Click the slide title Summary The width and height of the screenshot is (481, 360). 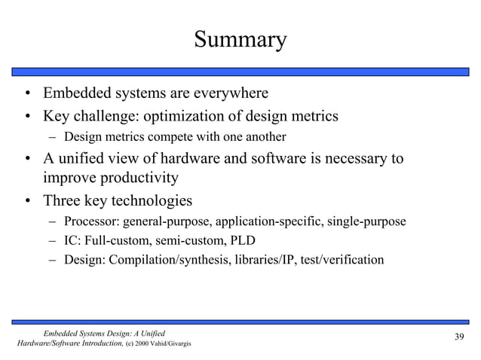[x=240, y=39]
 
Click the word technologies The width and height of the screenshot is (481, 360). [x=151, y=201]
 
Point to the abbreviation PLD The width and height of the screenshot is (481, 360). [x=242, y=241]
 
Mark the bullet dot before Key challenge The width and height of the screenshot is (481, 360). [x=26, y=117]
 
